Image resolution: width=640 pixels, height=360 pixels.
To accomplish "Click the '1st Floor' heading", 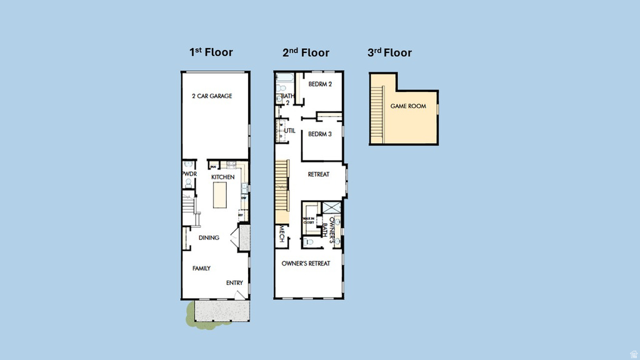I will (x=211, y=52).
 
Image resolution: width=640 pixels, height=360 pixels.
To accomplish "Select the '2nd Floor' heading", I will (x=306, y=52).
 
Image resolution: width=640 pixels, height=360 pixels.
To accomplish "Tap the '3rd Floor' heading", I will (x=389, y=52).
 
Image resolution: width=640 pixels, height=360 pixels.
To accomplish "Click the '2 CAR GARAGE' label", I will (x=212, y=96).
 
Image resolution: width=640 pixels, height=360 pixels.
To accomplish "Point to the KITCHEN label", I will (x=222, y=177).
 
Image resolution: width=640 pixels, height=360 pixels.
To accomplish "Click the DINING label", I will (x=209, y=237).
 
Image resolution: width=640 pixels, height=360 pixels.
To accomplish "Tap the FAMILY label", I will (x=201, y=268).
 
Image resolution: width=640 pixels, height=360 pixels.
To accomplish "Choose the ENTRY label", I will (x=234, y=283).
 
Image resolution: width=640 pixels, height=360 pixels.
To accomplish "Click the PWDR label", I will (x=188, y=174).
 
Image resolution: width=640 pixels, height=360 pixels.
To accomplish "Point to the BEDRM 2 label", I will (x=320, y=84).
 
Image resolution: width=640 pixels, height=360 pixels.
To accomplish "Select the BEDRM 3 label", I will (x=320, y=134).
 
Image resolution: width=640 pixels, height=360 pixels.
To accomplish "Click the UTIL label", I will (x=290, y=131).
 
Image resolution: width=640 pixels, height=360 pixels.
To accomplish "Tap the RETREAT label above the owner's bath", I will (x=319, y=174).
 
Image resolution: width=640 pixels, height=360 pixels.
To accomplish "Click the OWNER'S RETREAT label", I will (x=306, y=264).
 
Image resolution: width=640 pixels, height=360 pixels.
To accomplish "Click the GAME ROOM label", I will (x=408, y=106).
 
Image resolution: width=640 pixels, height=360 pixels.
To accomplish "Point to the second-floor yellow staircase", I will (x=283, y=184).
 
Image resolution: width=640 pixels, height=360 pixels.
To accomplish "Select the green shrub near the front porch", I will (x=189, y=314).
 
